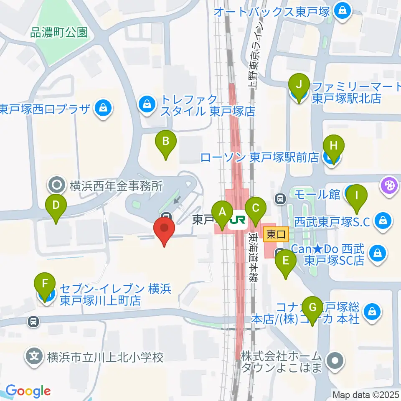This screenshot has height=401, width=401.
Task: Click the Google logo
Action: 28,391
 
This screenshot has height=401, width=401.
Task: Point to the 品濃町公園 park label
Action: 59,33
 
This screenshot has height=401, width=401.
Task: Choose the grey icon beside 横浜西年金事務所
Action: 56,184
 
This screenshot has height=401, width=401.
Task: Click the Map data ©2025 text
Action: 365,394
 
